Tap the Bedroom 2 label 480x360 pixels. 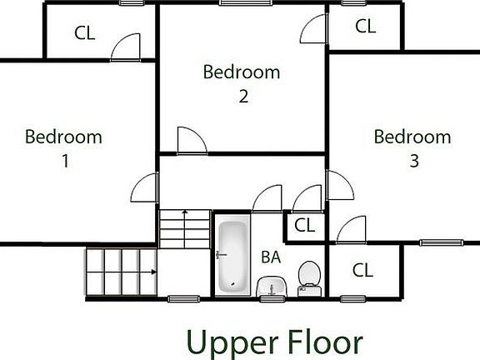(242, 83)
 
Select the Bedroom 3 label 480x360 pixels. (412, 148)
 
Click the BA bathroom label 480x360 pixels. (270, 257)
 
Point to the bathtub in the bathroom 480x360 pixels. (232, 256)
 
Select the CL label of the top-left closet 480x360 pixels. (84, 33)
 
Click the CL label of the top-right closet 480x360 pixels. (365, 26)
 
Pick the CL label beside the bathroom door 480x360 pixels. (305, 225)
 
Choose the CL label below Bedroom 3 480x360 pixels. (362, 270)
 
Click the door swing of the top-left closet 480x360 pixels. (129, 47)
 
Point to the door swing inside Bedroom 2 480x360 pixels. (190, 141)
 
